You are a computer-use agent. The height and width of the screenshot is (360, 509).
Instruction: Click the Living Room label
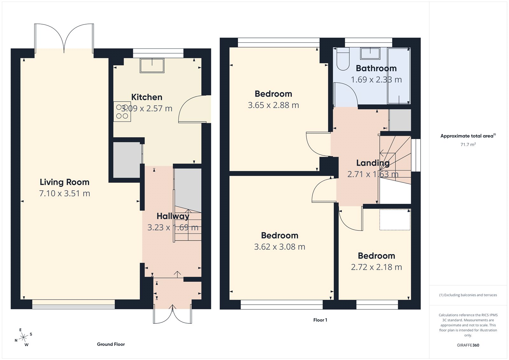(x=64, y=182)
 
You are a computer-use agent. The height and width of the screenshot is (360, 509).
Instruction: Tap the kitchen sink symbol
(x=152, y=65)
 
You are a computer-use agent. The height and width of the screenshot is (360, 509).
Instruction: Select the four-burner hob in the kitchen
(x=122, y=111)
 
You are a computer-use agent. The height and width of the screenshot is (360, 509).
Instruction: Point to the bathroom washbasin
(x=370, y=53)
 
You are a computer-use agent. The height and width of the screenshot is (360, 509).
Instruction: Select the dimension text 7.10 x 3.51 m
(x=64, y=194)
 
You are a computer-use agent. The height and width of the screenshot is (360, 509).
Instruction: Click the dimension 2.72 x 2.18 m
(x=376, y=267)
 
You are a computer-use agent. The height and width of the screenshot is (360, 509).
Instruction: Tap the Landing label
(x=373, y=163)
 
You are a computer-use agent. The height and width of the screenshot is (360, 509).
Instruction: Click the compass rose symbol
(x=23, y=338)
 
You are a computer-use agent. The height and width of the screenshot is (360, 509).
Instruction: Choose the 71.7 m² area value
(x=468, y=145)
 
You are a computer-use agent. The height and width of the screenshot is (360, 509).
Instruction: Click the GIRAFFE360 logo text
(x=468, y=345)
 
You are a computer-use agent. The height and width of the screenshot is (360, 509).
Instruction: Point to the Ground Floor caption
(x=111, y=344)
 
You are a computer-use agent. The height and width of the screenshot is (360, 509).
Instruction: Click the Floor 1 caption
(x=320, y=320)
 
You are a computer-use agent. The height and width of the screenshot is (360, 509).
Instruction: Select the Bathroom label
(x=376, y=68)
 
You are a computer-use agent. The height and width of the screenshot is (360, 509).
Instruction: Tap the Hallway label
(x=173, y=216)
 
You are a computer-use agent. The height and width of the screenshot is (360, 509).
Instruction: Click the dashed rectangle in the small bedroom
(x=395, y=220)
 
